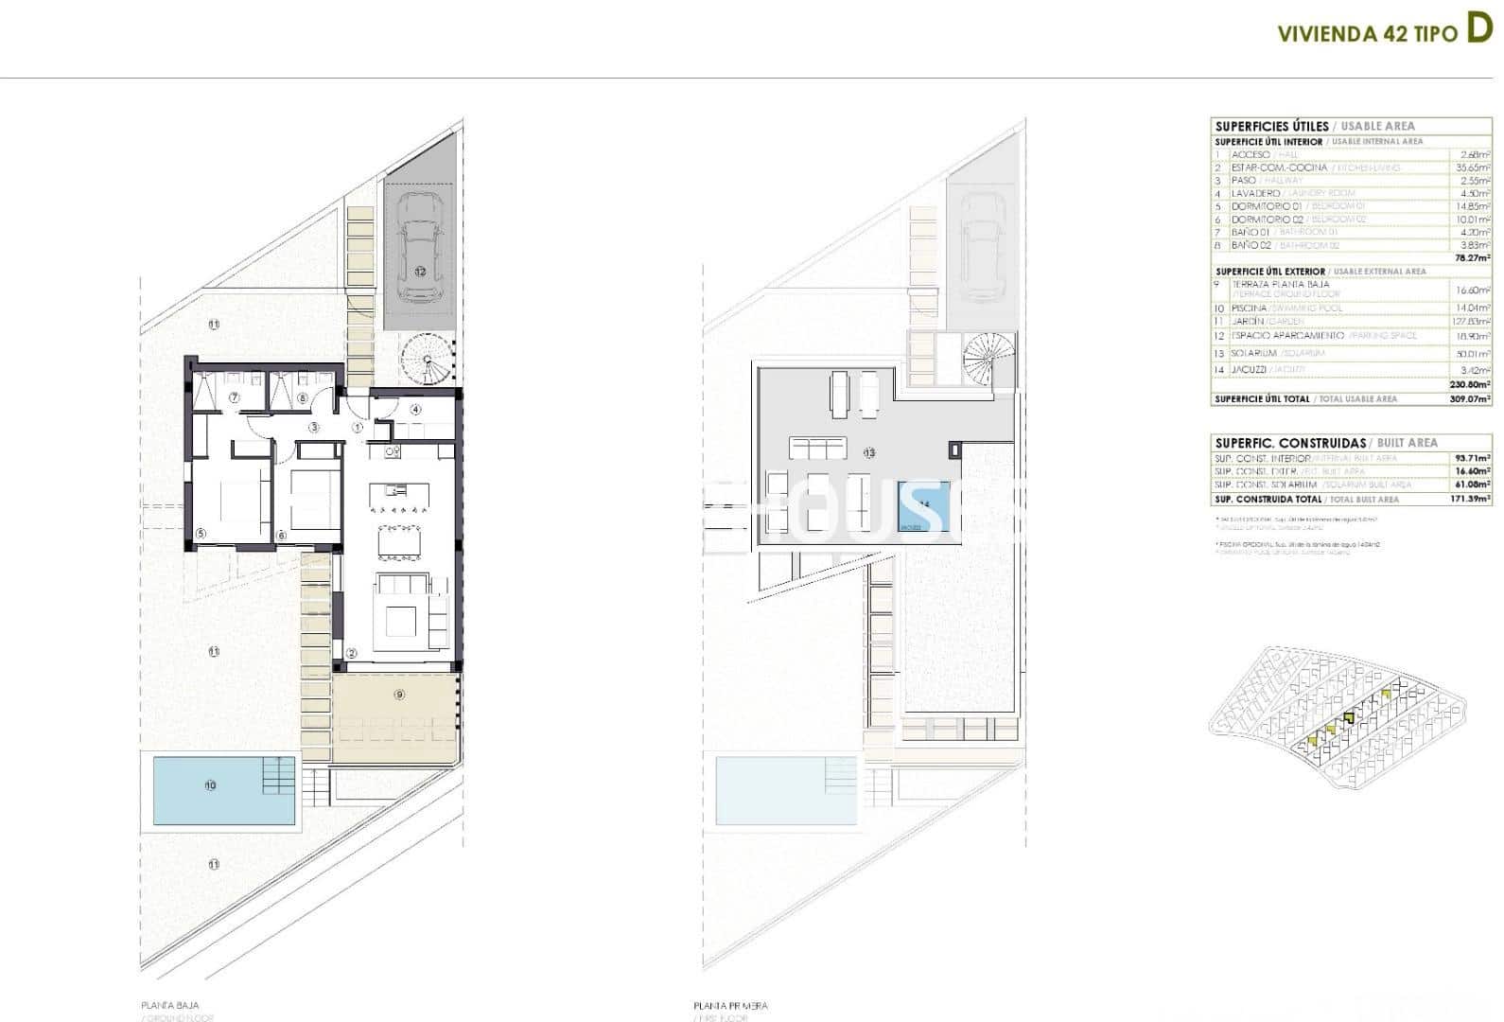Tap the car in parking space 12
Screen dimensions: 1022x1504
point(420,248)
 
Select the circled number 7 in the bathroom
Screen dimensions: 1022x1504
point(234,397)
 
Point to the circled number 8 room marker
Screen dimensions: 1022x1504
point(303,397)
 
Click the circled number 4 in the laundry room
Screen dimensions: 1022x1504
point(416,410)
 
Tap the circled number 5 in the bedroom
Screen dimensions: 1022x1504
point(201,534)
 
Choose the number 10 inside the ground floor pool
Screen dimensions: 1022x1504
point(210,785)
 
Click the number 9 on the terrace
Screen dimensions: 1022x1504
point(399,695)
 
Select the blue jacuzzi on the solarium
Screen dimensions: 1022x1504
point(923,507)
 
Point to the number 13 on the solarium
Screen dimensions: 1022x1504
point(868,453)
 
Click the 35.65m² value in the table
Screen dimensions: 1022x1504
point(1473,167)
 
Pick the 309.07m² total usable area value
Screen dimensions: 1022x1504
point(1473,399)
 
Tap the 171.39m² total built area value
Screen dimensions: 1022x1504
point(1473,499)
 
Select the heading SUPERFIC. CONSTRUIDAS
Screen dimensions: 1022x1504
point(1277,443)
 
